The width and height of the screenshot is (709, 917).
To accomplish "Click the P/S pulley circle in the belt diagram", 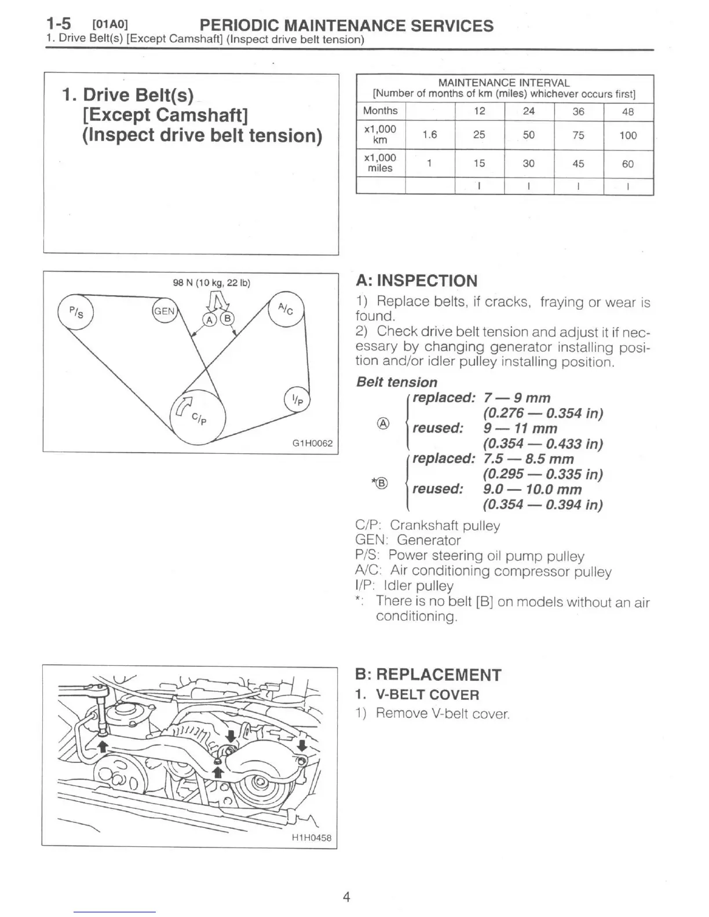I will (75, 313).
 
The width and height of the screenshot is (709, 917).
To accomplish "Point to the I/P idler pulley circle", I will (297, 399).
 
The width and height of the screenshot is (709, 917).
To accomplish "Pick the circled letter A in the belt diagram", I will (209, 319).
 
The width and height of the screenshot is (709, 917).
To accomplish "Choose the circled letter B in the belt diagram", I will (228, 319).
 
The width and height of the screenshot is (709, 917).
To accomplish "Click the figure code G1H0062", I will (312, 443).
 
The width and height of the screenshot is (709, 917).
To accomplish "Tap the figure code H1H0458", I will (311, 837).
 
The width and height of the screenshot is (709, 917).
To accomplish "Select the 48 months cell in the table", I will (628, 112).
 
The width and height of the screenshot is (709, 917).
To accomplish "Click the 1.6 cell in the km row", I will (429, 135).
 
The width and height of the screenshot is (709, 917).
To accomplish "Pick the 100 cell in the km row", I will (628, 135).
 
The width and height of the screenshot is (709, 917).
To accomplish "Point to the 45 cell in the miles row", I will (578, 164).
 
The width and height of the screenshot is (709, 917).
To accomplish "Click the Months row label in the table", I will (380, 111).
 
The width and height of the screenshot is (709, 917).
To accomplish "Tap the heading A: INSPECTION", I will (416, 281).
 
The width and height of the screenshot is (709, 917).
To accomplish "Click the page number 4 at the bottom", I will (346, 897).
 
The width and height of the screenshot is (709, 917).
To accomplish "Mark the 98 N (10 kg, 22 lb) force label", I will (211, 283).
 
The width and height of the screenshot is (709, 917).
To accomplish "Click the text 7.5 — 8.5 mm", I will (528, 459).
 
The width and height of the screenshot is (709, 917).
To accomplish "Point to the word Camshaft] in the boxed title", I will (202, 115).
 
